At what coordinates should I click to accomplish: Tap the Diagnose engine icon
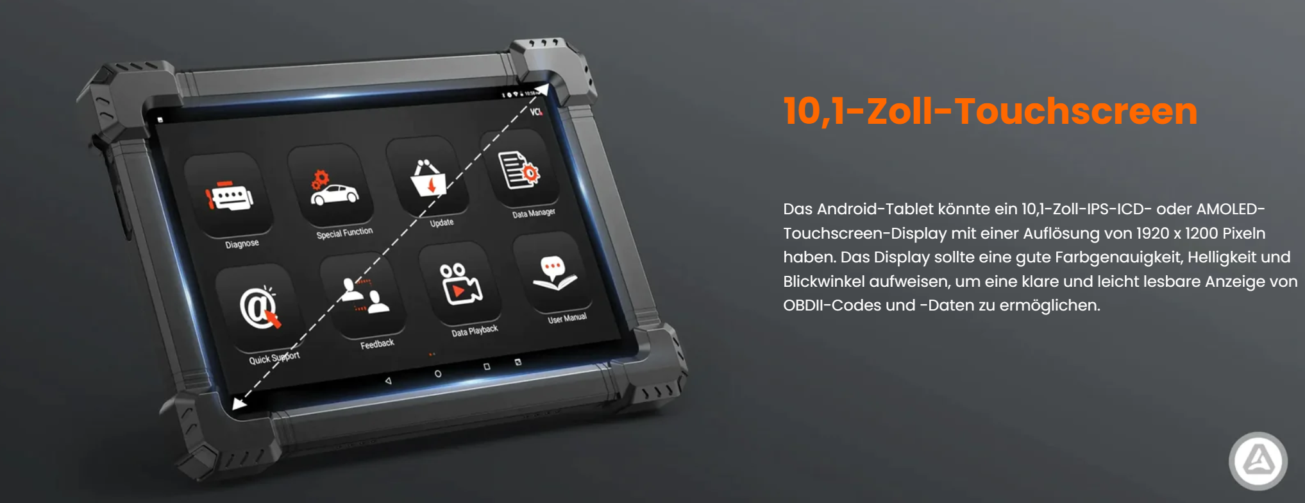[x=230, y=197]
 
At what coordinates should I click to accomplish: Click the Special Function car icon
[x=333, y=188]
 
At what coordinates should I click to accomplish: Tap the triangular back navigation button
[x=388, y=380]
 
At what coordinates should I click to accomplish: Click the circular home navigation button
[x=438, y=373]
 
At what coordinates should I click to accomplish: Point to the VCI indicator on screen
[x=536, y=112]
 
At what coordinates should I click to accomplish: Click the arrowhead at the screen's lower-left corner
[x=239, y=403]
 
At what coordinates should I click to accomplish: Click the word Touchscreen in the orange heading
[x=1076, y=111]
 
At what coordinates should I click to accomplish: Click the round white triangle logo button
[x=1258, y=461]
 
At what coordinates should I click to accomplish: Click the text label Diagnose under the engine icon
[x=242, y=244]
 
